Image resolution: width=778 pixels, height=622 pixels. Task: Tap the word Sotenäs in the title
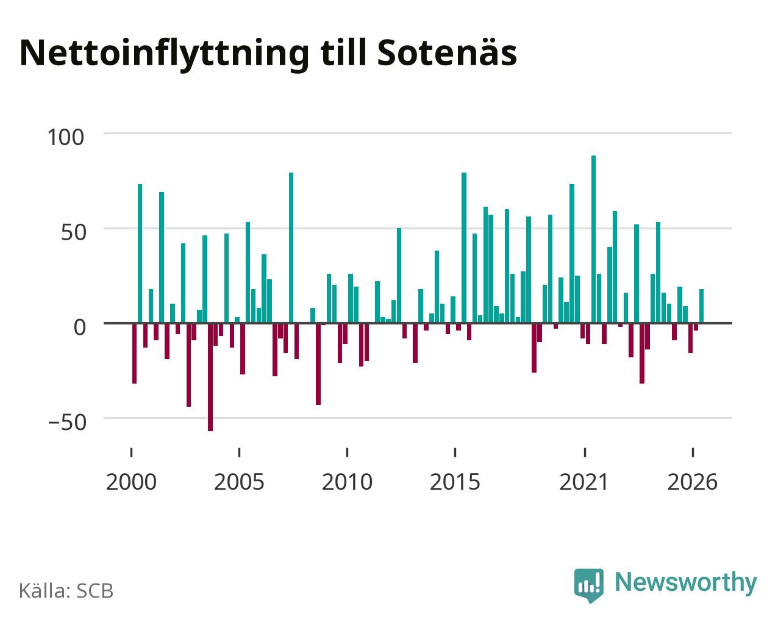pos(447,52)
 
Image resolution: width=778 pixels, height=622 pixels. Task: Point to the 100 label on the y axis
pos(65,137)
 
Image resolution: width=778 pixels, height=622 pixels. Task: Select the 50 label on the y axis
pos(73,232)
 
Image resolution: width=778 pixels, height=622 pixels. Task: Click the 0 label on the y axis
pos(79,327)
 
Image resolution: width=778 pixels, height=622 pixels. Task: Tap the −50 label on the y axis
pos(67,423)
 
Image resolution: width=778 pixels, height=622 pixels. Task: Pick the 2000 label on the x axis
pos(131,482)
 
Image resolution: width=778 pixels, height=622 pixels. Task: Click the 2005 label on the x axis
pos(239,482)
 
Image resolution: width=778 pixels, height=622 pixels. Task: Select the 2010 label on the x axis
pos(347,482)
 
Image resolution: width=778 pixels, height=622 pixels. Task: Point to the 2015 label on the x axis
pos(455,482)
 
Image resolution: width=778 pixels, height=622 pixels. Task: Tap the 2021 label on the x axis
pos(584,482)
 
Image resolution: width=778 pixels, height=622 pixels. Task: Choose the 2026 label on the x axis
pos(692,482)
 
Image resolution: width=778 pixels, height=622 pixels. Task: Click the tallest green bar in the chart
pos(593,239)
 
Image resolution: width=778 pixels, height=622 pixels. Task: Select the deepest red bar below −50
pos(210,377)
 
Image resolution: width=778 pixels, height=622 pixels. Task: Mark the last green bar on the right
pos(701,306)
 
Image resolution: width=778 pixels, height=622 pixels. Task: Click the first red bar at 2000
pos(135,353)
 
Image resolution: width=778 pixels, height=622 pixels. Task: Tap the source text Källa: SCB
pos(66,591)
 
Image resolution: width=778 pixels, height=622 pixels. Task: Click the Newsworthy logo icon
pos(588,585)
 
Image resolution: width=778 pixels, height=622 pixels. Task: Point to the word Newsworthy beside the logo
pos(686,583)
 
